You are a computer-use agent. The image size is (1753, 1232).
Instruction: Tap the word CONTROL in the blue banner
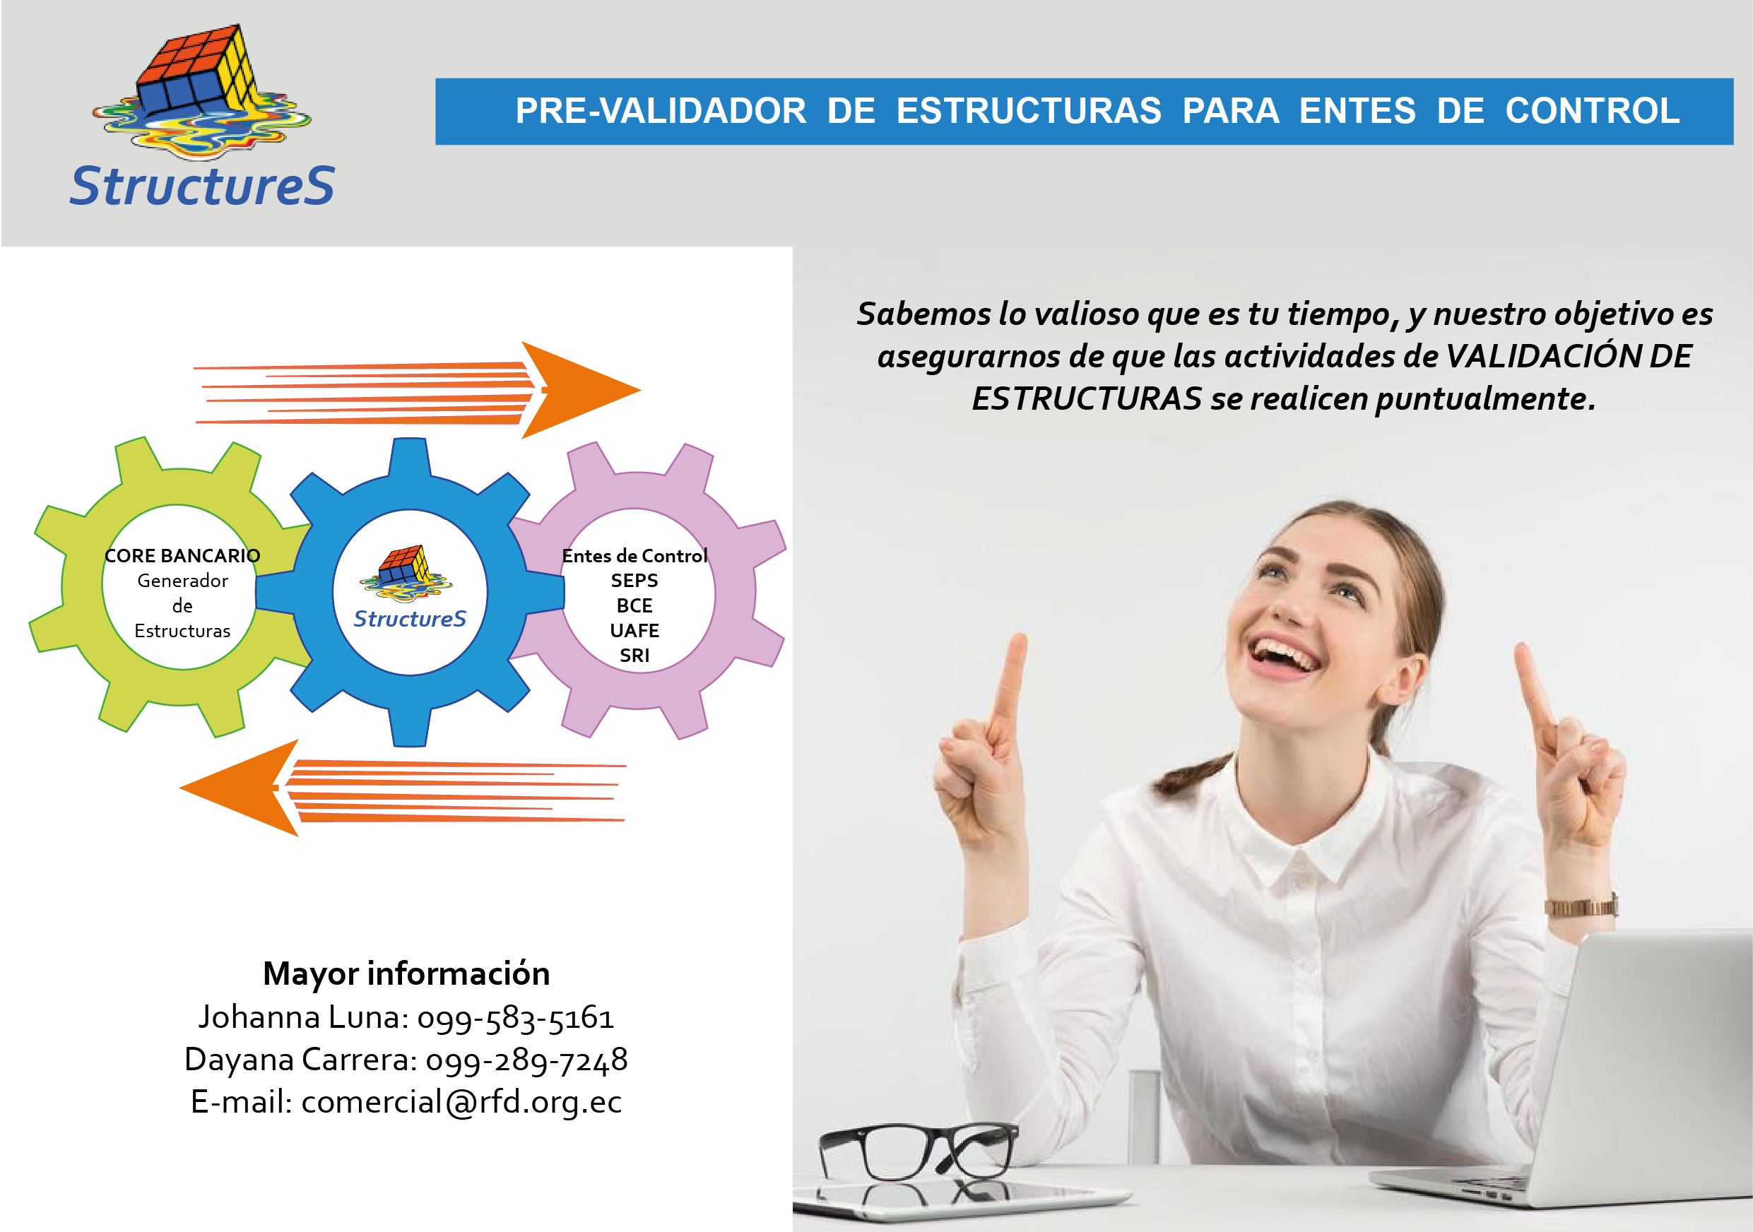pyautogui.click(x=1593, y=111)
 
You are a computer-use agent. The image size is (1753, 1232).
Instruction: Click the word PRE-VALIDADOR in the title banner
pyautogui.click(x=661, y=111)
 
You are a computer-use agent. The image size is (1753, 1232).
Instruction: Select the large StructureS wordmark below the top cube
pyautogui.click(x=202, y=186)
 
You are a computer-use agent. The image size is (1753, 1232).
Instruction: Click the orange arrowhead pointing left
pyautogui.click(x=240, y=788)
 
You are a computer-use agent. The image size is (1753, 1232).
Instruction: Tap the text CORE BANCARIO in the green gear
pyautogui.click(x=182, y=556)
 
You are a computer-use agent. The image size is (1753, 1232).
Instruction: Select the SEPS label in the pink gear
pyautogui.click(x=634, y=580)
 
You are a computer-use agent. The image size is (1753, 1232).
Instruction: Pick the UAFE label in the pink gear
pyautogui.click(x=634, y=631)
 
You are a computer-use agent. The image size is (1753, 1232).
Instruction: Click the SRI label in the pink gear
pyautogui.click(x=634, y=656)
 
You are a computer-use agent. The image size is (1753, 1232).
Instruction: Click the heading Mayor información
pyautogui.click(x=406, y=974)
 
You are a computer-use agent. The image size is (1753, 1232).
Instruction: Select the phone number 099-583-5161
pyautogui.click(x=515, y=1018)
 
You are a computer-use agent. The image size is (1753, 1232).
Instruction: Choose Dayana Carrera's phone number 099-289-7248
pyautogui.click(x=527, y=1060)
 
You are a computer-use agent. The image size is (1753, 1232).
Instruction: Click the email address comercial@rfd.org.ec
pyautogui.click(x=462, y=1102)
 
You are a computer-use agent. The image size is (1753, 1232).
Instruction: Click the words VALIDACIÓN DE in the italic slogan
pyautogui.click(x=1569, y=357)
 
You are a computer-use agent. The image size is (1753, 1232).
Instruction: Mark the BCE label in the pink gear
pyautogui.click(x=634, y=605)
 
